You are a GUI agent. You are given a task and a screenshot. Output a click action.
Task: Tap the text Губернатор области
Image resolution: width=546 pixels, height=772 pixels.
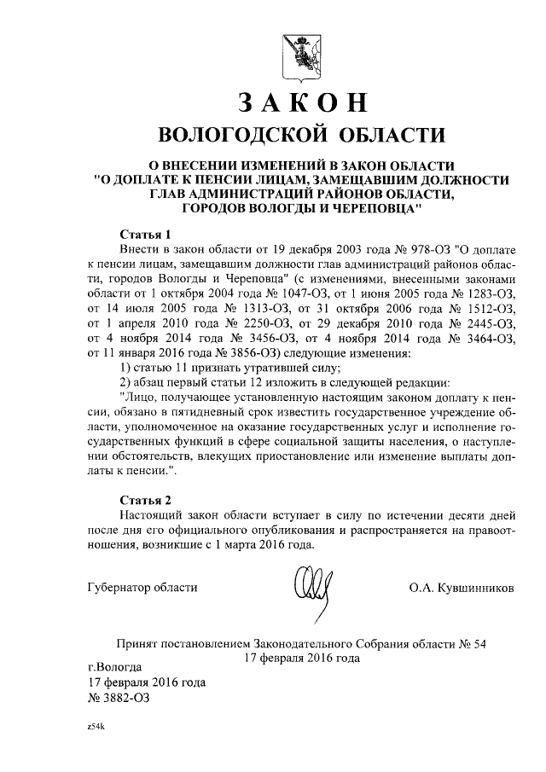pyautogui.click(x=142, y=588)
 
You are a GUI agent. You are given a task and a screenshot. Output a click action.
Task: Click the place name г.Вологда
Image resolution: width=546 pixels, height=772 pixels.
pyautogui.click(x=115, y=665)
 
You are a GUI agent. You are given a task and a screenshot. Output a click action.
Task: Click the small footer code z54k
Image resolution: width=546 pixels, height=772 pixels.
pyautogui.click(x=95, y=730)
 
